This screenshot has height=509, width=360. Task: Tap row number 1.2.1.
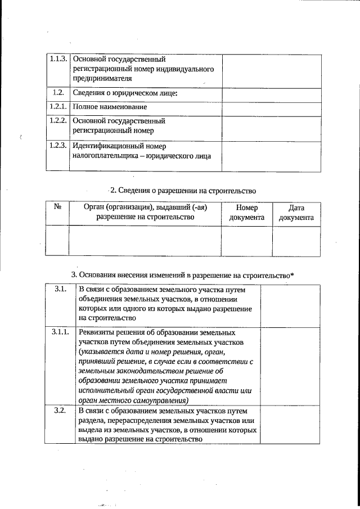click(x=58, y=106)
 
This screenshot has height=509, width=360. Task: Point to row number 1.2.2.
click(x=58, y=120)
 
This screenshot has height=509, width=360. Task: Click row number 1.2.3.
click(x=58, y=146)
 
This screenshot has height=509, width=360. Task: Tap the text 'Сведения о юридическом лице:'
click(x=125, y=93)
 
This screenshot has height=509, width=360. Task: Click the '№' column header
click(x=57, y=207)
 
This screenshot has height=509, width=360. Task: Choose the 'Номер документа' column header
click(x=246, y=213)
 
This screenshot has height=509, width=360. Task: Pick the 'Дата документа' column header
click(x=296, y=213)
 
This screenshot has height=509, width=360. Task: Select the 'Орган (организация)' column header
click(x=145, y=212)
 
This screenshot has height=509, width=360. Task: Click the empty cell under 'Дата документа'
click(x=296, y=241)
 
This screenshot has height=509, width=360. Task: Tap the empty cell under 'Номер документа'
click(x=246, y=241)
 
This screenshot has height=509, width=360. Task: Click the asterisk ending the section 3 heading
click(x=292, y=274)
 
